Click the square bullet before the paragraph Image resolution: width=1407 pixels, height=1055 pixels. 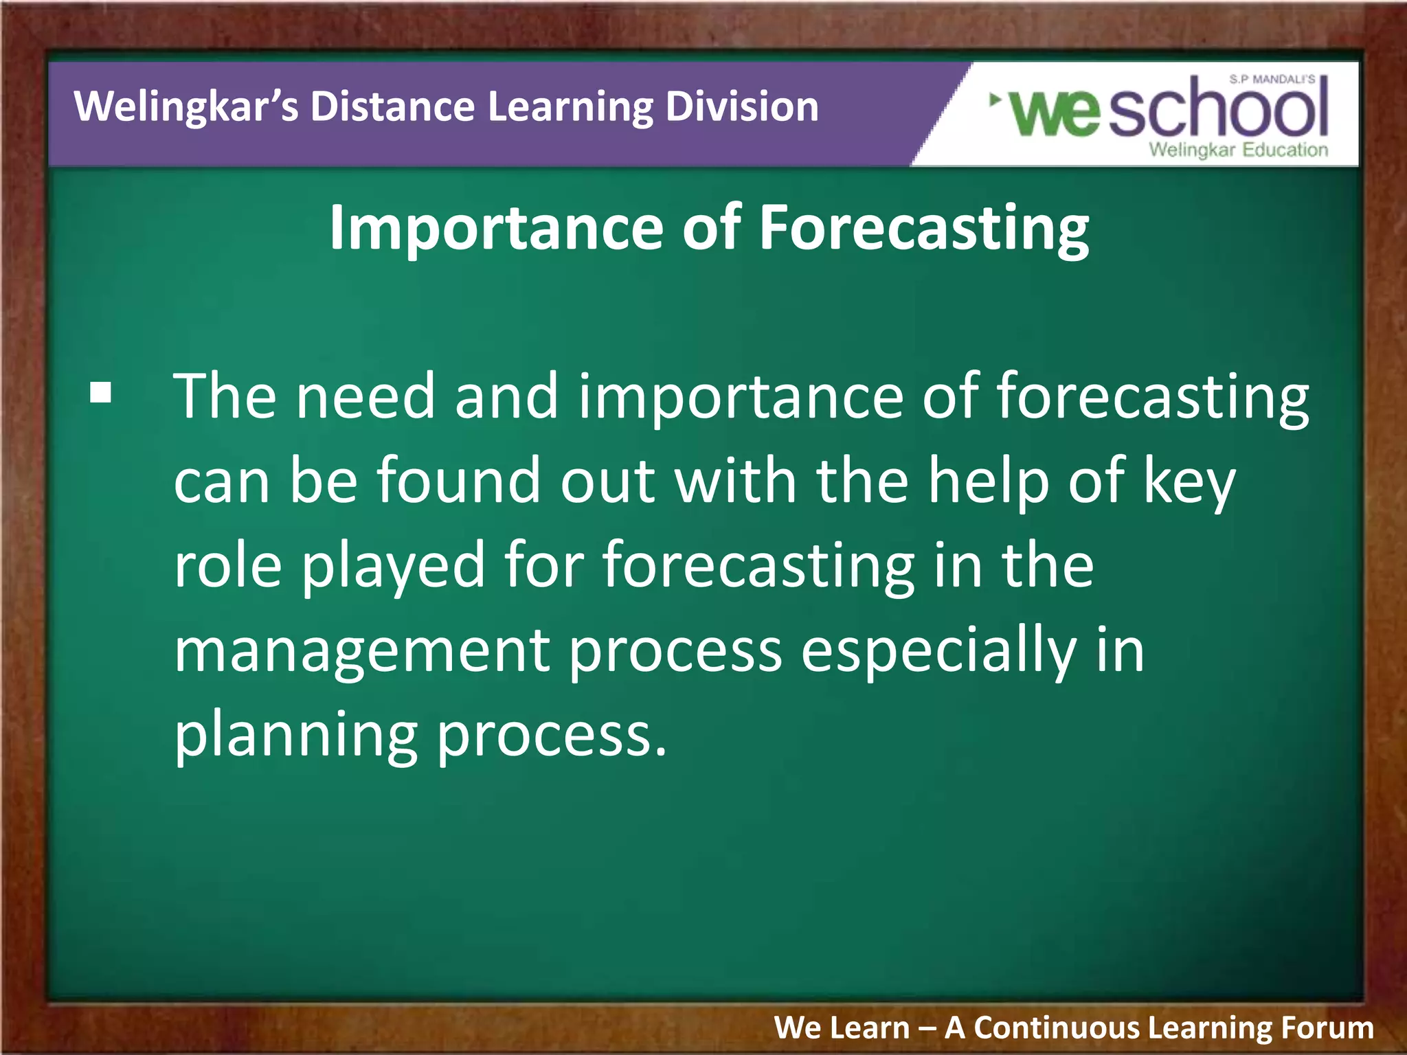pyautogui.click(x=100, y=394)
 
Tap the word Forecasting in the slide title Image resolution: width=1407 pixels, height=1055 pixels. pyautogui.click(x=923, y=229)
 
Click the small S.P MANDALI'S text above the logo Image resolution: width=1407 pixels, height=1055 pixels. pyautogui.click(x=1272, y=80)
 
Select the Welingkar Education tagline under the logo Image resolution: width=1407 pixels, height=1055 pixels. pyautogui.click(x=1238, y=150)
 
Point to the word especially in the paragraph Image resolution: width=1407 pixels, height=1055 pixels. pyautogui.click(x=938, y=651)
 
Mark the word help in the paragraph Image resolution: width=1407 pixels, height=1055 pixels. pyautogui.click(x=989, y=481)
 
